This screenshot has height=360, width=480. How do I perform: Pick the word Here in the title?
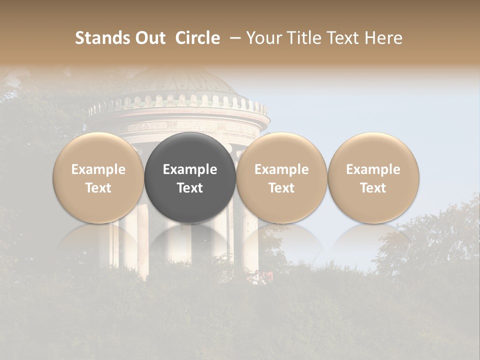point(383,38)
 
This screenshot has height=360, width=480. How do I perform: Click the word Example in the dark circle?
point(190,169)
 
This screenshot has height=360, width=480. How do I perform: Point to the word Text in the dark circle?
point(190,188)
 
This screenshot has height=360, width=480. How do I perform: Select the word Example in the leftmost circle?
point(98,169)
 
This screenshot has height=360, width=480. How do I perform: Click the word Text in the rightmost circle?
point(373,188)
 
